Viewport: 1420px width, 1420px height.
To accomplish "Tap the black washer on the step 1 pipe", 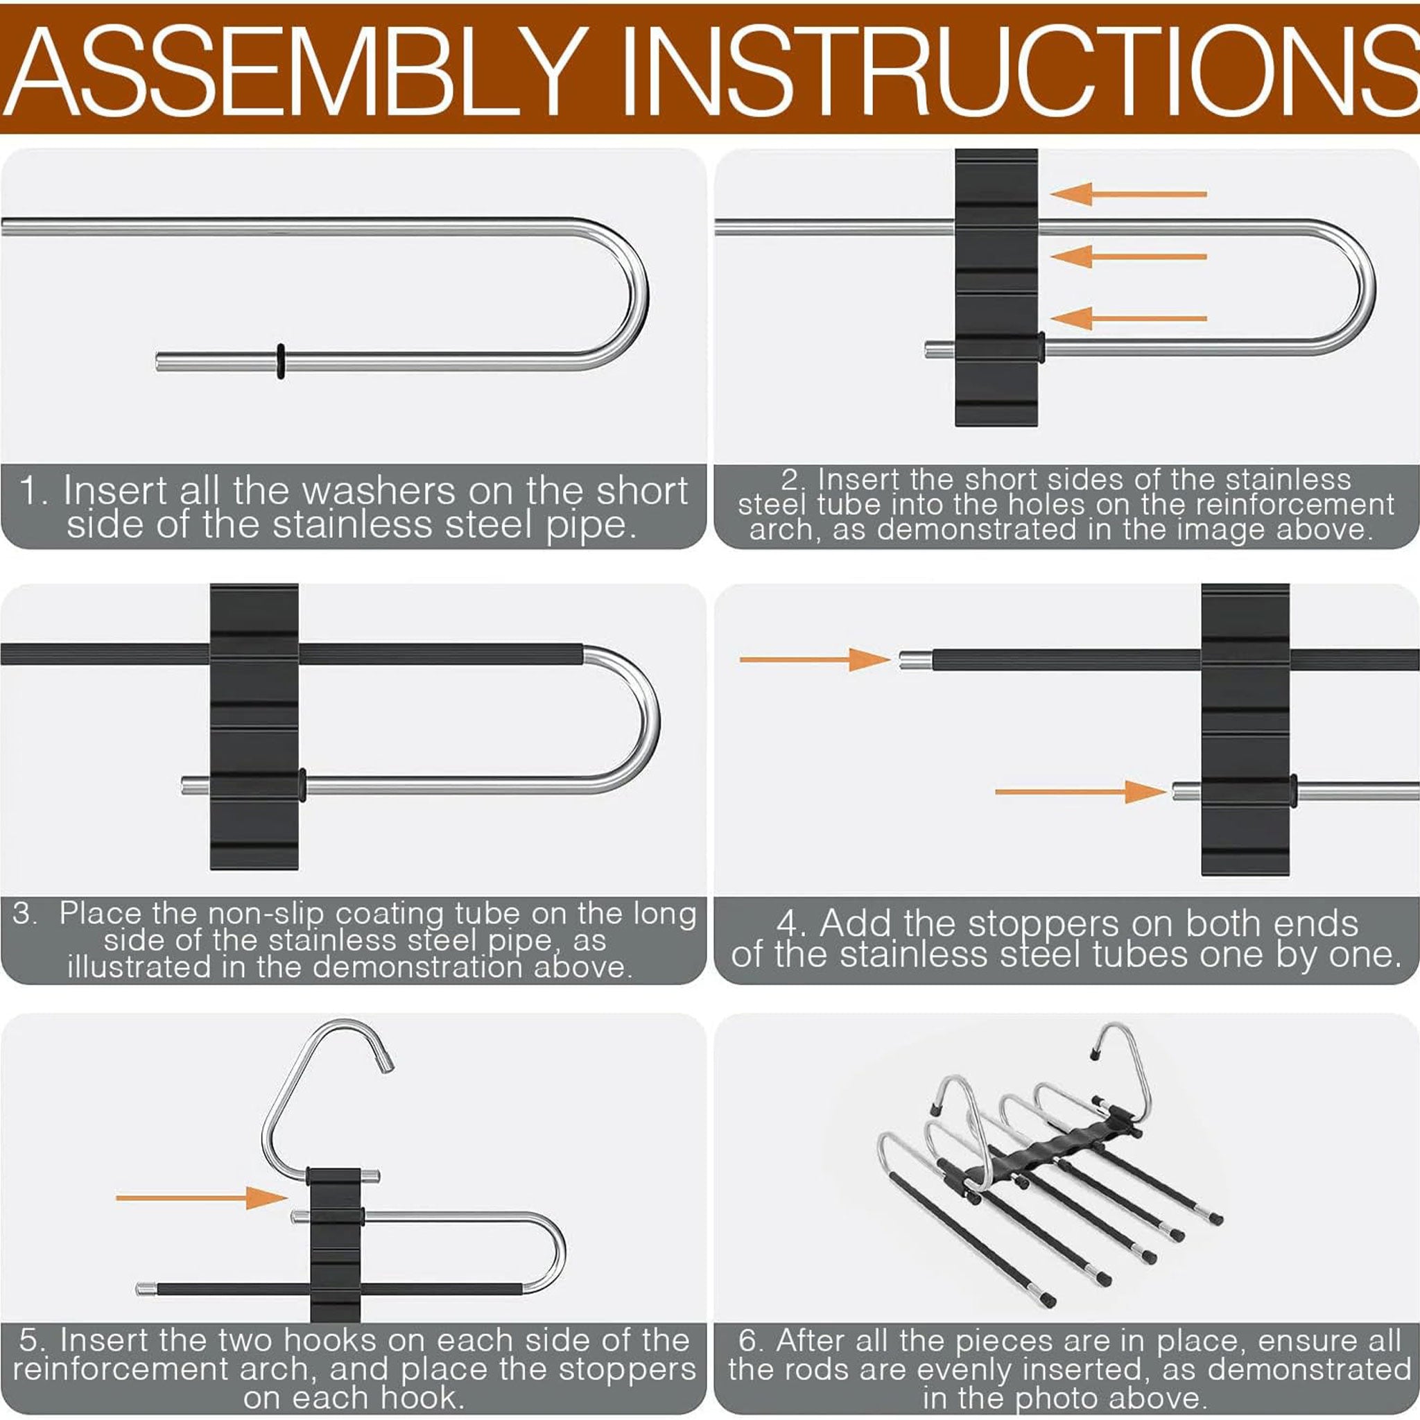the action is pos(281,361).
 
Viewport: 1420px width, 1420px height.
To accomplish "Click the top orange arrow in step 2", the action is pos(1129,194).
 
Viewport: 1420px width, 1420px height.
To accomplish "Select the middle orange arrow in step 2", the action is pos(1129,257).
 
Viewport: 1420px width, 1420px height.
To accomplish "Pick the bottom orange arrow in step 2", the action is pos(1129,318).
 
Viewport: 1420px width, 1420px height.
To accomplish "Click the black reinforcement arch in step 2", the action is pos(996,287).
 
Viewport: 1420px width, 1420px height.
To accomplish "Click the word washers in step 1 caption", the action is pos(379,491).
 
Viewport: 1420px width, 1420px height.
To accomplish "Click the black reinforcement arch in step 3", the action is pos(254,727).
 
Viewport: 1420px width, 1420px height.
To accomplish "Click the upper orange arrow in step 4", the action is pos(815,659).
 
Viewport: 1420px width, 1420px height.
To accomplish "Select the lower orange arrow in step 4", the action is pos(1080,792).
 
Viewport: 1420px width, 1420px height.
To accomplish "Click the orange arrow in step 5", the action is pos(201,1197).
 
